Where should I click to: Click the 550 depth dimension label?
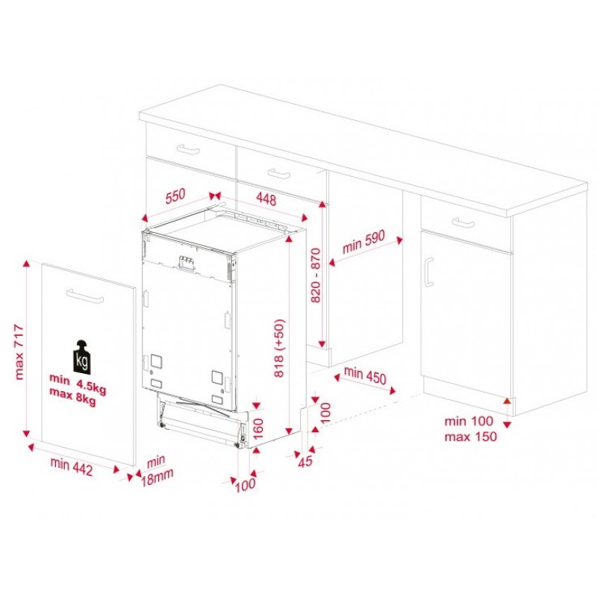point(175,196)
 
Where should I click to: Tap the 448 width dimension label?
point(266,199)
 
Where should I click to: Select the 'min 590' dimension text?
point(364,241)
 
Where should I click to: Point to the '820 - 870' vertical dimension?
point(316,275)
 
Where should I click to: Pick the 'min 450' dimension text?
point(365,375)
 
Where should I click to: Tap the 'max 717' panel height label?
point(19,352)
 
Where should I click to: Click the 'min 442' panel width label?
point(72,467)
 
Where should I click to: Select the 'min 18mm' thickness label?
point(157,471)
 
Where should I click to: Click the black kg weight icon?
point(82,356)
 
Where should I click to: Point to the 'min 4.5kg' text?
point(78,384)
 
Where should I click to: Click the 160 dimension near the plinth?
point(258,428)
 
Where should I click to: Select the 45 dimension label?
point(305,461)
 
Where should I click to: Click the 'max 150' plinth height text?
point(471,437)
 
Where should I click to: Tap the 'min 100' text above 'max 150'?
point(469,421)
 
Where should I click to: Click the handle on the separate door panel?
point(85,296)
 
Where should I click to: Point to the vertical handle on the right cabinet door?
point(429,272)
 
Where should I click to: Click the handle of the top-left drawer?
point(188,149)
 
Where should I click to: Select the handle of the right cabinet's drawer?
point(463,222)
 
